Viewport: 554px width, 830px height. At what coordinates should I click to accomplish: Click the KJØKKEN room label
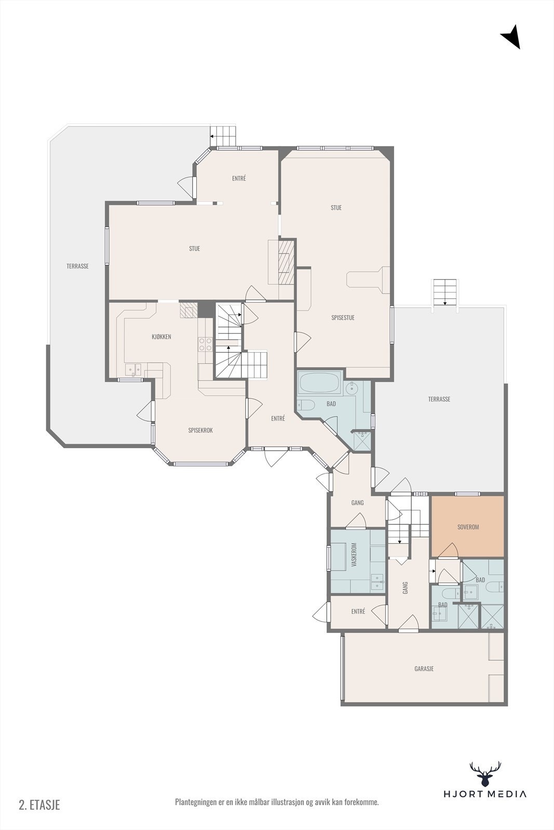(x=161, y=337)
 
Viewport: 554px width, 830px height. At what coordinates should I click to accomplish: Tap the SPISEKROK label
(x=200, y=430)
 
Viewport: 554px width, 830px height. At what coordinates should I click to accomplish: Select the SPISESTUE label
(x=343, y=317)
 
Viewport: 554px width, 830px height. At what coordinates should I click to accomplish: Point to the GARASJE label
(x=424, y=669)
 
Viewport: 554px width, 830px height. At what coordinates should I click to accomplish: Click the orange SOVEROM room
(x=467, y=527)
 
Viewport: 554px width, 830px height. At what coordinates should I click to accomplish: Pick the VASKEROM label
(x=354, y=555)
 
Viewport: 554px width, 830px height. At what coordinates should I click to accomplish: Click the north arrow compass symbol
(x=511, y=36)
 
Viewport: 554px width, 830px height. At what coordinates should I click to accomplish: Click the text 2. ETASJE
(x=39, y=805)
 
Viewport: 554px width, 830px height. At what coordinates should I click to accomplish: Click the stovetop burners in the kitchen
(x=206, y=344)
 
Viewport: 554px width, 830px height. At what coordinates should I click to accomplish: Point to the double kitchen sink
(x=133, y=369)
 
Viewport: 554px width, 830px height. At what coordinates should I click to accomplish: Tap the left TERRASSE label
(x=77, y=266)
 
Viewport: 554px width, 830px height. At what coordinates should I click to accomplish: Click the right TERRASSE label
(x=439, y=399)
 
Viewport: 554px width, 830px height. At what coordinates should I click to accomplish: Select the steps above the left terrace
(x=223, y=137)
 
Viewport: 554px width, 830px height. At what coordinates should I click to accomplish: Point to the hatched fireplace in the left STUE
(x=286, y=262)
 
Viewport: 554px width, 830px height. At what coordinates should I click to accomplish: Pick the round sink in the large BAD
(x=350, y=389)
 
